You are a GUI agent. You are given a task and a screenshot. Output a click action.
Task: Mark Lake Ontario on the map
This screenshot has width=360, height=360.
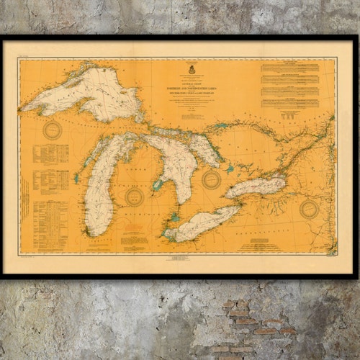[x=256, y=188]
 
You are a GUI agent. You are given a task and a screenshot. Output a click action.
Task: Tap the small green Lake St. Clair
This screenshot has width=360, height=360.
[x=174, y=216]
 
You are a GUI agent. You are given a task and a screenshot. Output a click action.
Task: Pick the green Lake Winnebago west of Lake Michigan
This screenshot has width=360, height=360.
[x=76, y=177]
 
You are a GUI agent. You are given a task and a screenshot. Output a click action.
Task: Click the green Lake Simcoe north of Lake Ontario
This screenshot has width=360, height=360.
[x=230, y=169]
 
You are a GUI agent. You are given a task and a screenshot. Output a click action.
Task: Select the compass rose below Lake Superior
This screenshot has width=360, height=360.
[x=52, y=130]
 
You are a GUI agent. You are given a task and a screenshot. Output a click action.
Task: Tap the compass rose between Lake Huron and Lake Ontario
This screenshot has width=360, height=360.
[x=211, y=179]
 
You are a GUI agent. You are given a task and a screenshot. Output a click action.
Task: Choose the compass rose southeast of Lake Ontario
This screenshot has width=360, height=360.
[x=309, y=210]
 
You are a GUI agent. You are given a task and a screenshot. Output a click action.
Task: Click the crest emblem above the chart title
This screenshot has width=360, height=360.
[x=192, y=71]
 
